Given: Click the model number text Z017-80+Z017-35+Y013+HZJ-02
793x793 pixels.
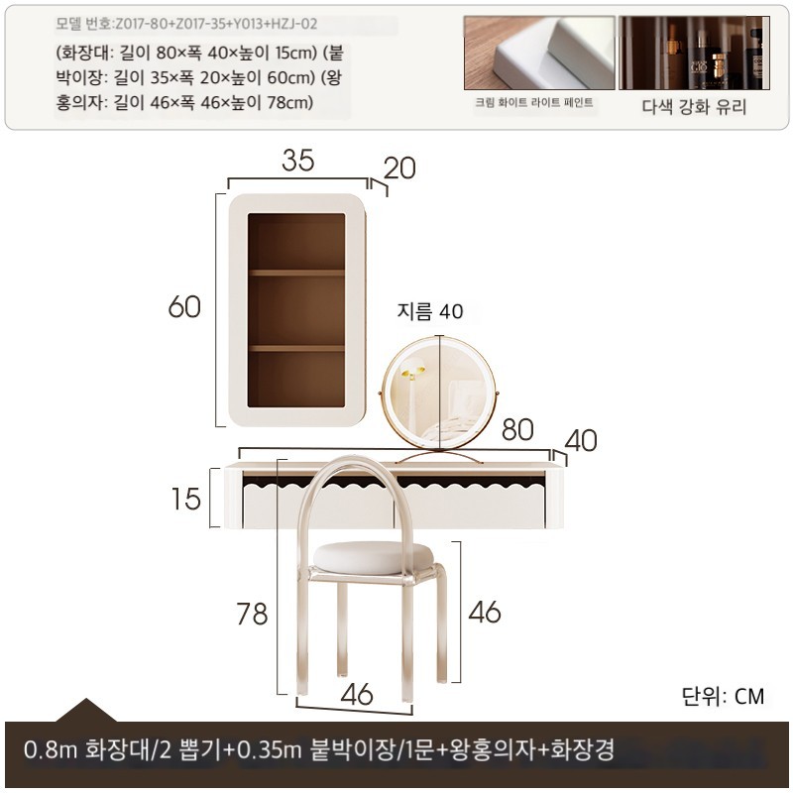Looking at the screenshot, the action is (x=216, y=24).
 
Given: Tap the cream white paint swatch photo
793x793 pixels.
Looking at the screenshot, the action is (x=539, y=53).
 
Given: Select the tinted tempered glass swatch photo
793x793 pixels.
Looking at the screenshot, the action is (x=695, y=53).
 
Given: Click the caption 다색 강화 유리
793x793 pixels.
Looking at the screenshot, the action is (x=694, y=107).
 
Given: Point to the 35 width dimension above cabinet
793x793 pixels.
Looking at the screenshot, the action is (x=298, y=161).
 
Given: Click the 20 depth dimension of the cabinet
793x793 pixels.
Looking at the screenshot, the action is (x=399, y=169).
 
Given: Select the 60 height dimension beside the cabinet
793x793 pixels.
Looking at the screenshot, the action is (x=184, y=307).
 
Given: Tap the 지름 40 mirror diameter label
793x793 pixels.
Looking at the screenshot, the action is (x=430, y=311).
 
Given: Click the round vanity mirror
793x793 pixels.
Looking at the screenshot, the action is (x=439, y=393).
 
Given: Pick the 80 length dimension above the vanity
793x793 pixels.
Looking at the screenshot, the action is (x=517, y=430).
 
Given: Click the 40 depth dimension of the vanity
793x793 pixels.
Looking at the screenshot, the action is (x=581, y=440).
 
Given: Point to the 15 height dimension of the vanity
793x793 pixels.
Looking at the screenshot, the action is (x=185, y=500).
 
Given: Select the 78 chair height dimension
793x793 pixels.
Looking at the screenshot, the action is (x=252, y=614).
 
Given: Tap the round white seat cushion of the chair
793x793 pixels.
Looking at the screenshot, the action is (x=374, y=557).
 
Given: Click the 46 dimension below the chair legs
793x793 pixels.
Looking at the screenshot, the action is (x=357, y=695).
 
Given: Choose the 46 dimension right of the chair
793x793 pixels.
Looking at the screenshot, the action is (x=485, y=612).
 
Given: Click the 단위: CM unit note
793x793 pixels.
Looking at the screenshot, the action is (x=723, y=697).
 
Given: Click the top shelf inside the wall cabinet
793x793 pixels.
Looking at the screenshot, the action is (x=296, y=274).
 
